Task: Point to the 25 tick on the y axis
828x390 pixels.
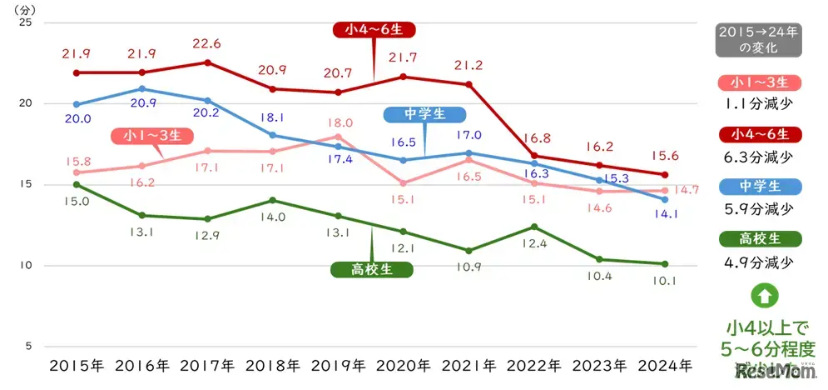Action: pos(25,22)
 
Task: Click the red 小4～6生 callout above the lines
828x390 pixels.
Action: pos(374,30)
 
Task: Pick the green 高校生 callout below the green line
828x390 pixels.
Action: pos(372,269)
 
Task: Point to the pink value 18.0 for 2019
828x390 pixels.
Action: pos(338,122)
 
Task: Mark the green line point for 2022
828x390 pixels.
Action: pos(534,227)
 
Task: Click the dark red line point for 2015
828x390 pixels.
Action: pos(77,72)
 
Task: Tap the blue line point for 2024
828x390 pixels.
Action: pos(663,199)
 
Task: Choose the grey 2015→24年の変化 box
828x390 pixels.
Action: pos(758,40)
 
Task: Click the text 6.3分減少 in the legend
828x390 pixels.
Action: pos(758,155)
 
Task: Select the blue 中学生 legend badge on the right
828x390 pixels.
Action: pos(758,187)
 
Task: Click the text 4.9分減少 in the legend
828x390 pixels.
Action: pos(758,262)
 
